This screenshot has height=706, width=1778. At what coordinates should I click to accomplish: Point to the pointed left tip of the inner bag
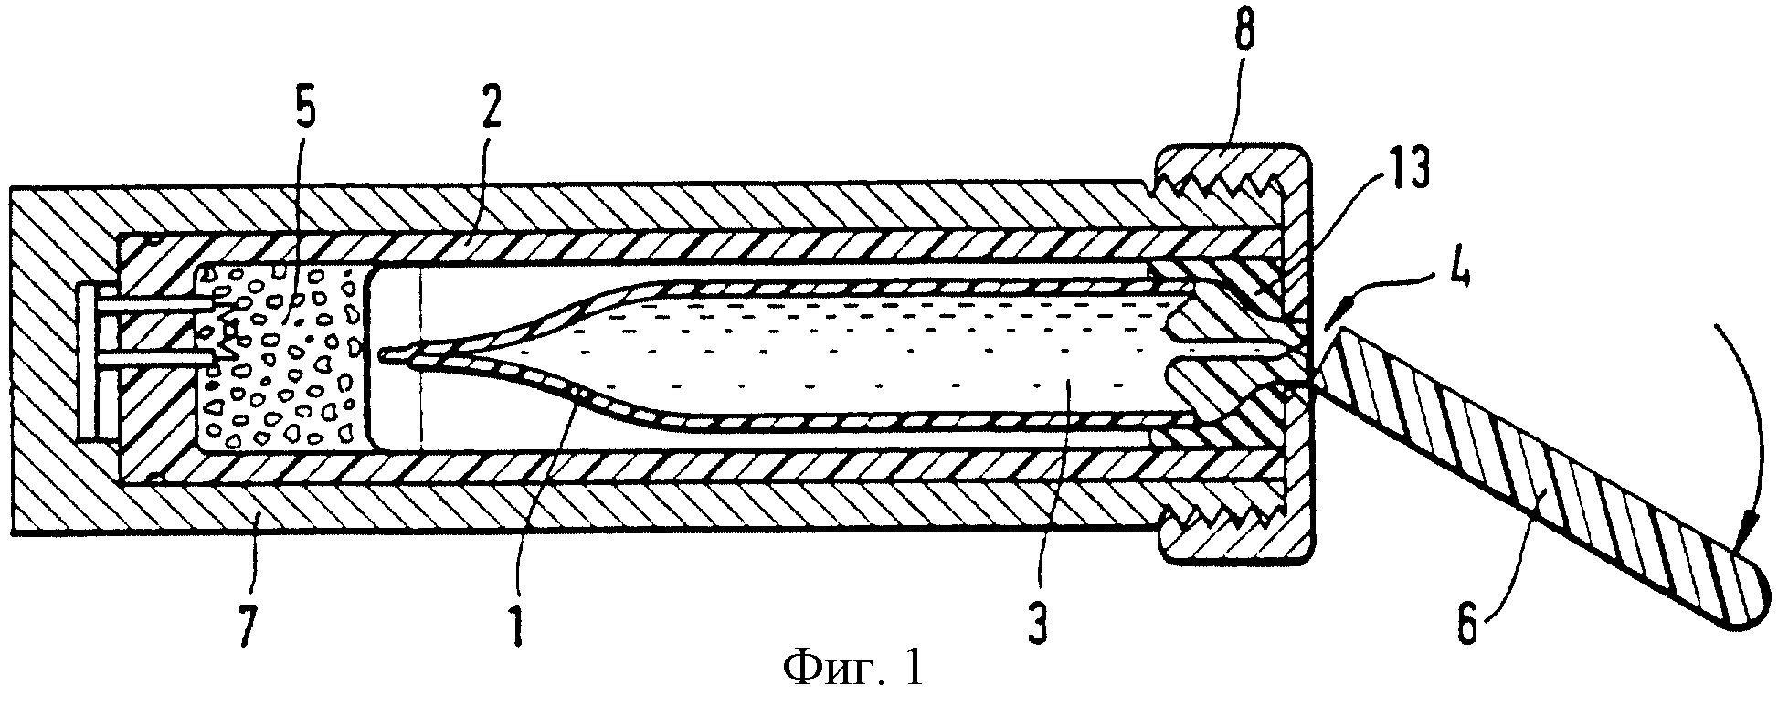[385, 354]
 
